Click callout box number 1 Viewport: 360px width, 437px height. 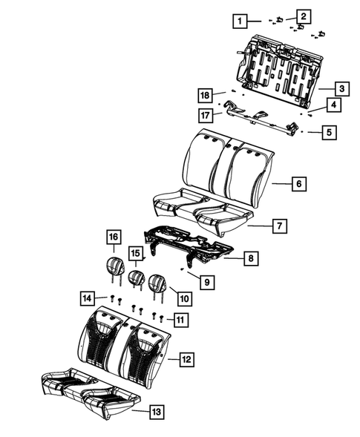(x=239, y=21)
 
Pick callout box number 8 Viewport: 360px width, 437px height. (x=252, y=258)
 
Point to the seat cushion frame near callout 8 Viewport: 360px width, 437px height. (x=189, y=243)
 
